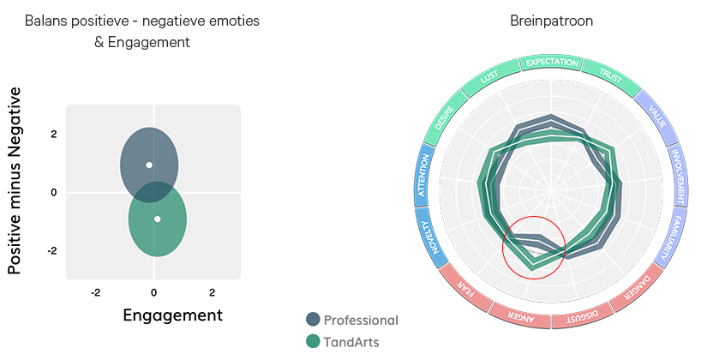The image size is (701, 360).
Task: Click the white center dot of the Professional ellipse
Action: tap(149, 165)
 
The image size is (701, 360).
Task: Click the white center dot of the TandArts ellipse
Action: tap(158, 219)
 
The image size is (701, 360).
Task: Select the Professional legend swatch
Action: tap(314, 320)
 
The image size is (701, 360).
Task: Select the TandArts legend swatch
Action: tap(314, 341)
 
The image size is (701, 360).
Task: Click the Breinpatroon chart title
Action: tap(550, 21)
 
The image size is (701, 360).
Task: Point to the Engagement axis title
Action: tap(172, 315)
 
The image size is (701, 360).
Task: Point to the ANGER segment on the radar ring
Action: tap(518, 316)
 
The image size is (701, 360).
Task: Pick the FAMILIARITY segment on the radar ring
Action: tap(673, 236)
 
